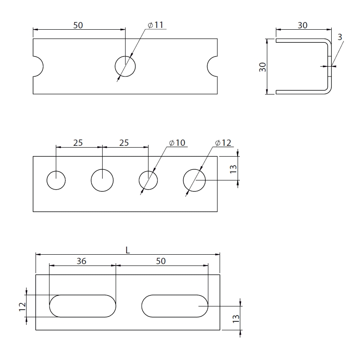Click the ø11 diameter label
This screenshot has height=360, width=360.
[x=155, y=25]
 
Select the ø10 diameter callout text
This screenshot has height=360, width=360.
[x=177, y=143]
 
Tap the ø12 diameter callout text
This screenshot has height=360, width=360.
[x=223, y=143]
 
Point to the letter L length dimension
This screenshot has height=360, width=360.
[x=128, y=250]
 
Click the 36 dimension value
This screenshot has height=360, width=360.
[x=81, y=261]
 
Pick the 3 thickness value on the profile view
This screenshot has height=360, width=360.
[x=340, y=37]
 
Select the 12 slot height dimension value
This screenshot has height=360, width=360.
[x=22, y=306]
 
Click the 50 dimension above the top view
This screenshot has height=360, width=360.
[x=78, y=25]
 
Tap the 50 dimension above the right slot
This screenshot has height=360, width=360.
[x=161, y=261]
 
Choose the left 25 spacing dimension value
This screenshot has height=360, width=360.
[x=78, y=143]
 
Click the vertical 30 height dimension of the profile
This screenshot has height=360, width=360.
[x=262, y=67]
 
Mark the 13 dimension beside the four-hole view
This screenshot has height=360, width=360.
[x=233, y=169]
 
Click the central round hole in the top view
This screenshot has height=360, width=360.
[x=125, y=66]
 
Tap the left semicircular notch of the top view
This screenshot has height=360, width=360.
[x=38, y=66]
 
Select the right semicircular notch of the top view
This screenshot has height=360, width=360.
[x=212, y=66]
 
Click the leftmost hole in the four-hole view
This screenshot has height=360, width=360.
[x=56, y=180]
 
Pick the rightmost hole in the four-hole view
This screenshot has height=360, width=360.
[x=194, y=180]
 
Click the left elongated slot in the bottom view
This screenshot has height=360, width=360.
[x=83, y=306]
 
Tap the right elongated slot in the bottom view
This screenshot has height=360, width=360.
[x=175, y=306]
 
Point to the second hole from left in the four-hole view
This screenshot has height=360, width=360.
[x=102, y=180]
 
